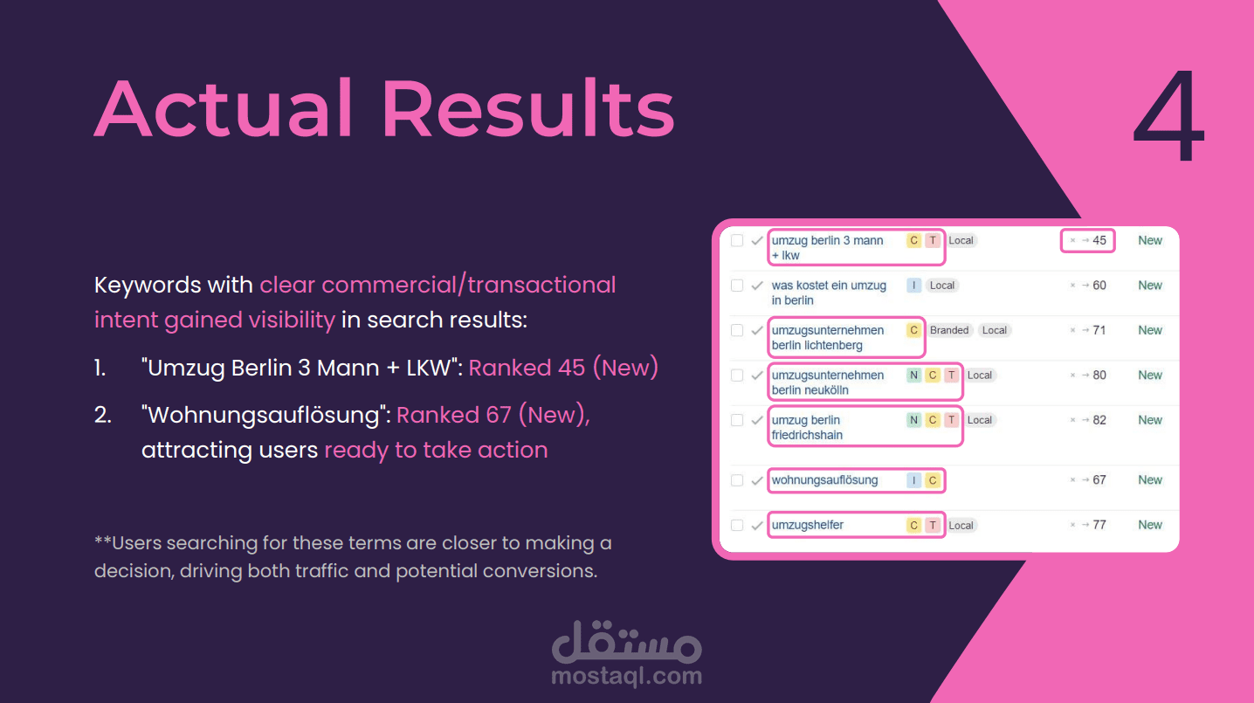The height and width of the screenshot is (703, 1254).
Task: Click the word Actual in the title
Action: click(x=224, y=108)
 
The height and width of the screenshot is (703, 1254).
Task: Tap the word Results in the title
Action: click(x=528, y=108)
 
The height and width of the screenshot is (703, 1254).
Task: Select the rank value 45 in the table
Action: click(x=1099, y=240)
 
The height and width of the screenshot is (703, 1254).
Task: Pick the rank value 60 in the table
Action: click(x=1099, y=285)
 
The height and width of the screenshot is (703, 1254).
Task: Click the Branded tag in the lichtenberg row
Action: click(x=949, y=330)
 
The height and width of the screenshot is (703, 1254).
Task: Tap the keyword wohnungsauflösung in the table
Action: click(x=824, y=479)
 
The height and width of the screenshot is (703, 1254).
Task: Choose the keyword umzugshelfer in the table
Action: click(x=807, y=525)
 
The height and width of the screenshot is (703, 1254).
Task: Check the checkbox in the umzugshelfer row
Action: click(x=737, y=525)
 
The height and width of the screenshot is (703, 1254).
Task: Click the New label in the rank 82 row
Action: click(x=1150, y=420)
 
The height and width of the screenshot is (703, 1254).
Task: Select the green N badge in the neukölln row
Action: click(x=913, y=375)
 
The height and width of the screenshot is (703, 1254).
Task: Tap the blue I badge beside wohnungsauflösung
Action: click(x=913, y=479)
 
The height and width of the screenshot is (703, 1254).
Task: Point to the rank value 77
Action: click(x=1099, y=525)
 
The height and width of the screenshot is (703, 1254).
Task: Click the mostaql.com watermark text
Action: click(x=626, y=676)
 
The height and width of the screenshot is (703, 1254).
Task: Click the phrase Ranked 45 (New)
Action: click(x=563, y=368)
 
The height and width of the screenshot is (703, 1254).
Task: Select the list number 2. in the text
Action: click(x=103, y=415)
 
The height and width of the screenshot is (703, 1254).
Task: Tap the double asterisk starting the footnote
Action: click(x=103, y=541)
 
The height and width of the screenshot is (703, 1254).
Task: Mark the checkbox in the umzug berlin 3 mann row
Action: click(x=737, y=240)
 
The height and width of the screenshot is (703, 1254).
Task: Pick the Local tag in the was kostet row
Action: click(x=941, y=286)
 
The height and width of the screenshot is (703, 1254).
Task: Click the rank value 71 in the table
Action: click(x=1099, y=330)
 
